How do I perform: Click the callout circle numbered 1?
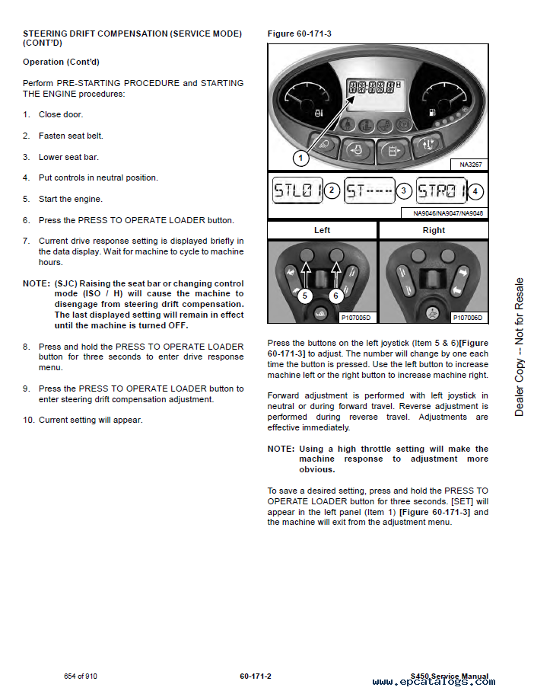pos(301,158)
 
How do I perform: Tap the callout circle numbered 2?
pos(332,191)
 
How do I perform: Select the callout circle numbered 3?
pos(404,191)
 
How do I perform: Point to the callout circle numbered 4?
pos(475,191)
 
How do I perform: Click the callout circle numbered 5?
pos(305,294)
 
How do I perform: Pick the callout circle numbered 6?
pos(336,294)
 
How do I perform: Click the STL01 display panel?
pos(297,191)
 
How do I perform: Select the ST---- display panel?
pos(369,191)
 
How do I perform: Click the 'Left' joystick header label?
pos(322,230)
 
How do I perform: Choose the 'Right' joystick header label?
pos(434,230)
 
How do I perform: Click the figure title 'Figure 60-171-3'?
pos(299,34)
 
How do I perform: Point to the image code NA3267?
pos(471,165)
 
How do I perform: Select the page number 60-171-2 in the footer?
pos(256,676)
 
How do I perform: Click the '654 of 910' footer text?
pos(81,676)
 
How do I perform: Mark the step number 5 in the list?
pos(26,199)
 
